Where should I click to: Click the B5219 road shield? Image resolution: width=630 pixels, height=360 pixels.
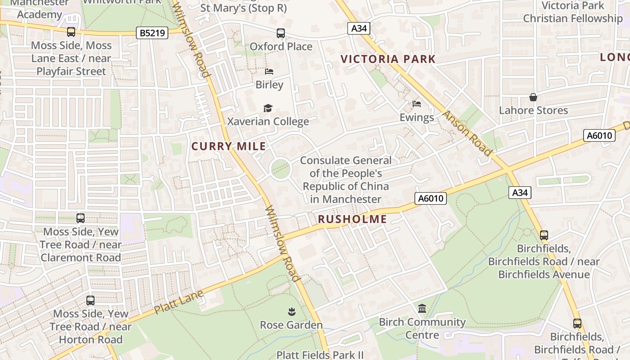(x=152, y=32)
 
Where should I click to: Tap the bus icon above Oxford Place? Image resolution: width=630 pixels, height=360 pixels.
(x=281, y=33)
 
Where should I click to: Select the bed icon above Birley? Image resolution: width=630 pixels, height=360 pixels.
(x=269, y=72)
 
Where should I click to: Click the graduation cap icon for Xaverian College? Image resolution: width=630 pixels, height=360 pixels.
(x=268, y=108)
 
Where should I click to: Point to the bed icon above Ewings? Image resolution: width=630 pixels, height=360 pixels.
(x=417, y=104)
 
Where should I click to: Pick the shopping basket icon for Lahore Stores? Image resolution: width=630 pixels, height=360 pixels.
(x=533, y=97)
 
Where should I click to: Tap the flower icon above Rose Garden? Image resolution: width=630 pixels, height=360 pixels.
(x=291, y=311)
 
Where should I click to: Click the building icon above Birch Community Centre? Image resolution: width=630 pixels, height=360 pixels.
(x=422, y=309)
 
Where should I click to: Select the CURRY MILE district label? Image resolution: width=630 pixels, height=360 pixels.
(x=229, y=146)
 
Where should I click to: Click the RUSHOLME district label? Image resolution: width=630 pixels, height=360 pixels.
(x=352, y=219)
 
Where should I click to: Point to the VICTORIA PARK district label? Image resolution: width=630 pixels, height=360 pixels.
(x=388, y=59)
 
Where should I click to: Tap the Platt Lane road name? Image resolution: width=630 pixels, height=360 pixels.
(x=179, y=302)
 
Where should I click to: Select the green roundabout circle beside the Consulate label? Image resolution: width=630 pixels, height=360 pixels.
(x=281, y=169)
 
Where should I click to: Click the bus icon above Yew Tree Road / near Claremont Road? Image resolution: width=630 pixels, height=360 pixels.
(x=81, y=218)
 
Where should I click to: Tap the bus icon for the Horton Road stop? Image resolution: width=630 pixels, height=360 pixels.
(x=90, y=300)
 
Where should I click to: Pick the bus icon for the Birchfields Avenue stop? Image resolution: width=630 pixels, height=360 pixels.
(x=544, y=235)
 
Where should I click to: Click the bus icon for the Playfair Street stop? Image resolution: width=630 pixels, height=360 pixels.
(x=71, y=32)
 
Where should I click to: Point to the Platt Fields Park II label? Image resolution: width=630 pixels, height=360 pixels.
(x=320, y=355)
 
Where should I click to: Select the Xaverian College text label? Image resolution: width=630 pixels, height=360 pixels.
(x=268, y=121)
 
